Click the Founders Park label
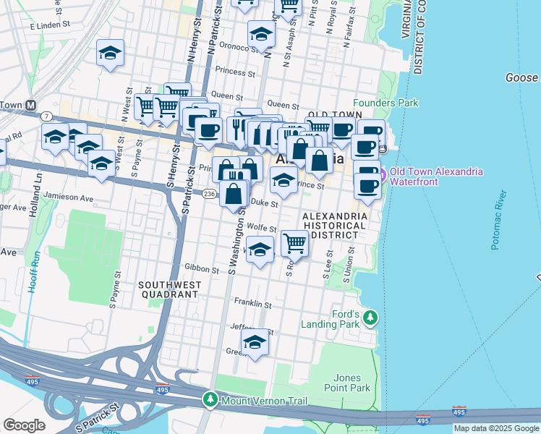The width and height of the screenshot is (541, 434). click(x=385, y=103)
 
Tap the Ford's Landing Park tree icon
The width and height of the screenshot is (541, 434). click(x=370, y=318)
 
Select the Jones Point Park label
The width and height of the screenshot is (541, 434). click(x=352, y=383)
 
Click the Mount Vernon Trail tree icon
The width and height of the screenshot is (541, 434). click(x=210, y=399)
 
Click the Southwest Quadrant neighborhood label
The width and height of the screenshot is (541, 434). click(x=169, y=290)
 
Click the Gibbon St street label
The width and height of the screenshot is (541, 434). click(x=201, y=269)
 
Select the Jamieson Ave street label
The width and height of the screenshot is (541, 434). click(x=69, y=197)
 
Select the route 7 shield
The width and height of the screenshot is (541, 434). click(x=47, y=116)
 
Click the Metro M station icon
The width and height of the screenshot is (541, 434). click(x=30, y=104)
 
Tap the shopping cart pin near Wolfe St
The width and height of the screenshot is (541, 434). click(x=294, y=244)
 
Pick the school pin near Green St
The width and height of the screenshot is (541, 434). click(x=255, y=343)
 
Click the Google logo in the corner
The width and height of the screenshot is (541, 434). click(x=24, y=425)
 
